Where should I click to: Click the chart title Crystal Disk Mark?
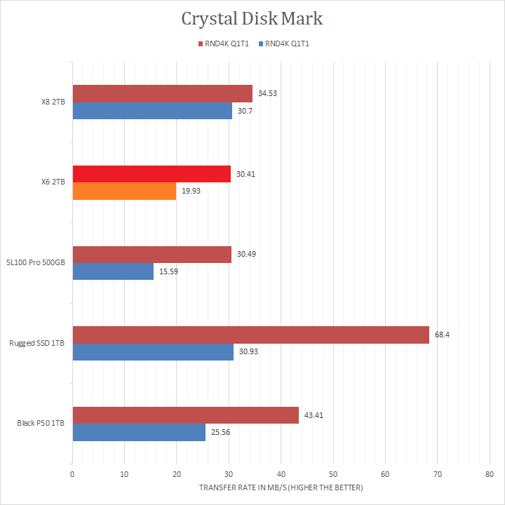252,18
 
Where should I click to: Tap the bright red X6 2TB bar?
151,174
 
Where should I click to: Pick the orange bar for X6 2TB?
124,191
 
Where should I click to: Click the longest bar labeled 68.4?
250,335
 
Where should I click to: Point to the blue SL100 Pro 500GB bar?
113,271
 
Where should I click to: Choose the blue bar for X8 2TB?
152,111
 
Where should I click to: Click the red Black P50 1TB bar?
185,415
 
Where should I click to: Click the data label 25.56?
220,433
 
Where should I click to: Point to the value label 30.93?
248,352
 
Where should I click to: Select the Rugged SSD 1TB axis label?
36,344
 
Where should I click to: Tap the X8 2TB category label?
53,102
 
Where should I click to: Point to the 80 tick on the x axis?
490,474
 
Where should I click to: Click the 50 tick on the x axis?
333,474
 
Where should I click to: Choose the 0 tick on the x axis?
72,474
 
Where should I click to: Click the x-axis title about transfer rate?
281,487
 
